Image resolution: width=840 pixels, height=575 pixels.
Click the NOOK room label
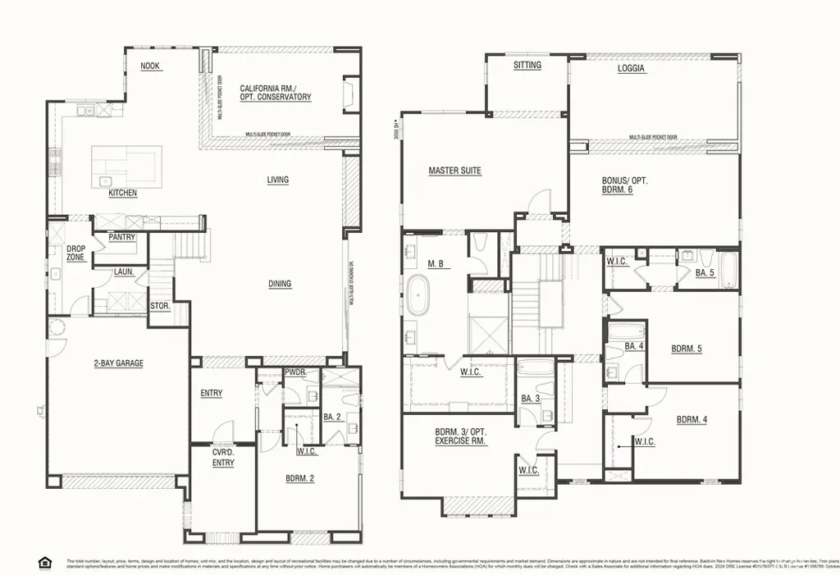pos(149,66)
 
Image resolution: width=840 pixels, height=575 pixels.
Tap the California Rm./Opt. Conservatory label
pos(276,93)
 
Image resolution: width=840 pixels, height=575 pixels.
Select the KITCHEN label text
pos(123,194)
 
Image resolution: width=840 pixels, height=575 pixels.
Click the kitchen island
pos(126,167)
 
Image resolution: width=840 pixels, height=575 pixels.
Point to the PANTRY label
pos(121,238)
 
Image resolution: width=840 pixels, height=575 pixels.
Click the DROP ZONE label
pos(75,253)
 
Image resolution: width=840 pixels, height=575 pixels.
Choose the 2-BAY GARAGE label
pos(119,363)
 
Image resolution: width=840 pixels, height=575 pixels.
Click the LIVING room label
pos(278,180)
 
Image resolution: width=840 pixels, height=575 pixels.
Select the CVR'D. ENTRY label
pos(223,458)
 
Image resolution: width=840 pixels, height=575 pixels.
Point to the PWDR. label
pos(294,372)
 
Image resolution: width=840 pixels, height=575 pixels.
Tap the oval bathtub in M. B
pos(418,297)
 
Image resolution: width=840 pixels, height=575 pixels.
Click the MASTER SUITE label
pos(454,171)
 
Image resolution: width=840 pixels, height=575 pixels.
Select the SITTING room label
pos(527,66)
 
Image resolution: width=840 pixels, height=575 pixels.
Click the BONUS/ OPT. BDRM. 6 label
pos(624,185)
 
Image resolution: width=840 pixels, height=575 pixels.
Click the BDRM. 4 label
pos(692,420)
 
